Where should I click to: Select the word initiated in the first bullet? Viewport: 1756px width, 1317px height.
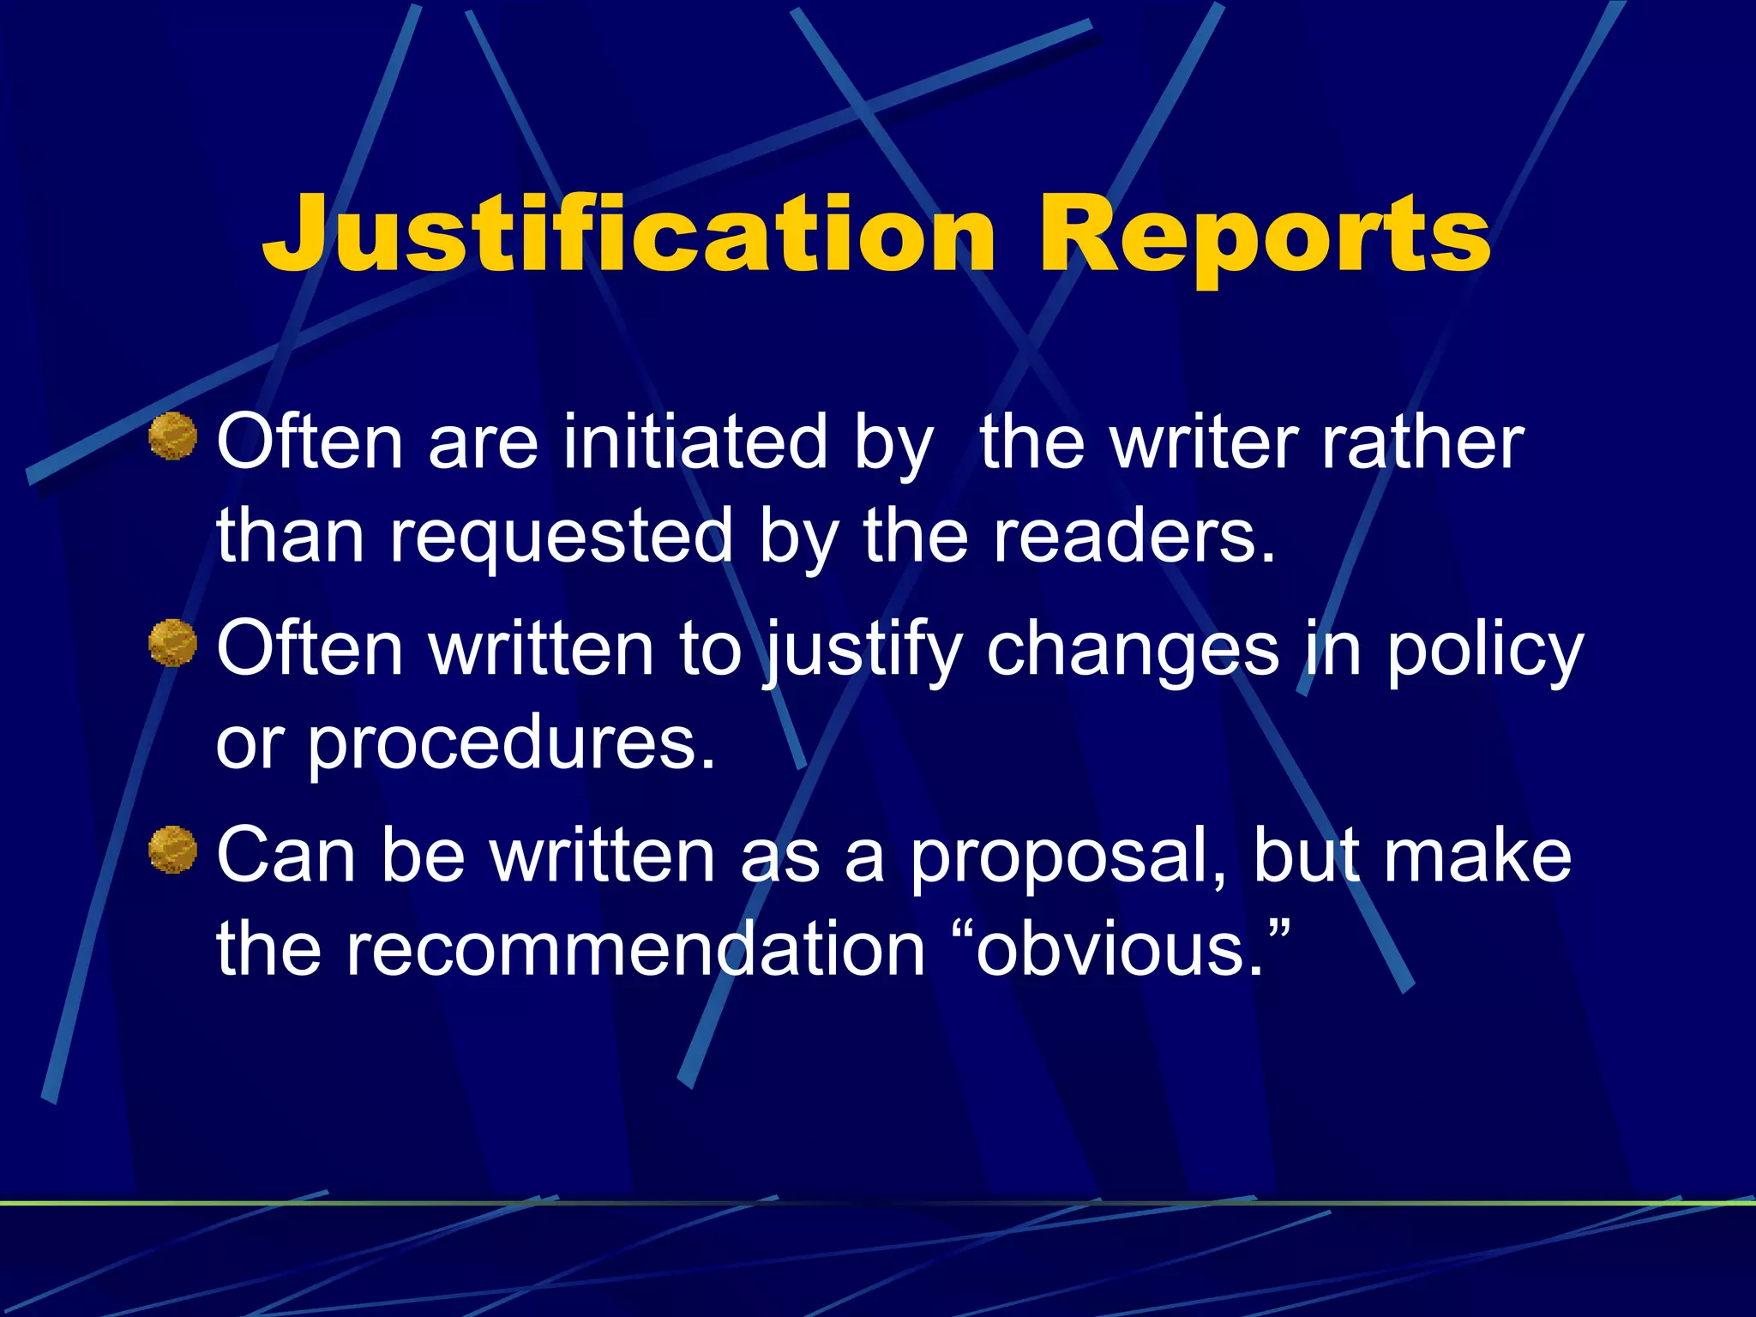695,443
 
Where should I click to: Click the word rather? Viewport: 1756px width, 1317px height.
1422,443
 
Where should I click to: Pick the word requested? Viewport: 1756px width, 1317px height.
562,536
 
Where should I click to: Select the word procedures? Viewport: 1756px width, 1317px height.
511,743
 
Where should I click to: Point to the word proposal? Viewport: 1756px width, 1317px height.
1068,855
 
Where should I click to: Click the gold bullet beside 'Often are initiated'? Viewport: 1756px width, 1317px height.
172,436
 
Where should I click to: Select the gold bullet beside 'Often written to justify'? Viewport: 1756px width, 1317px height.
172,643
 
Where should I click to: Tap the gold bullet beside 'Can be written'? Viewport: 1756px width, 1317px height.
172,850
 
